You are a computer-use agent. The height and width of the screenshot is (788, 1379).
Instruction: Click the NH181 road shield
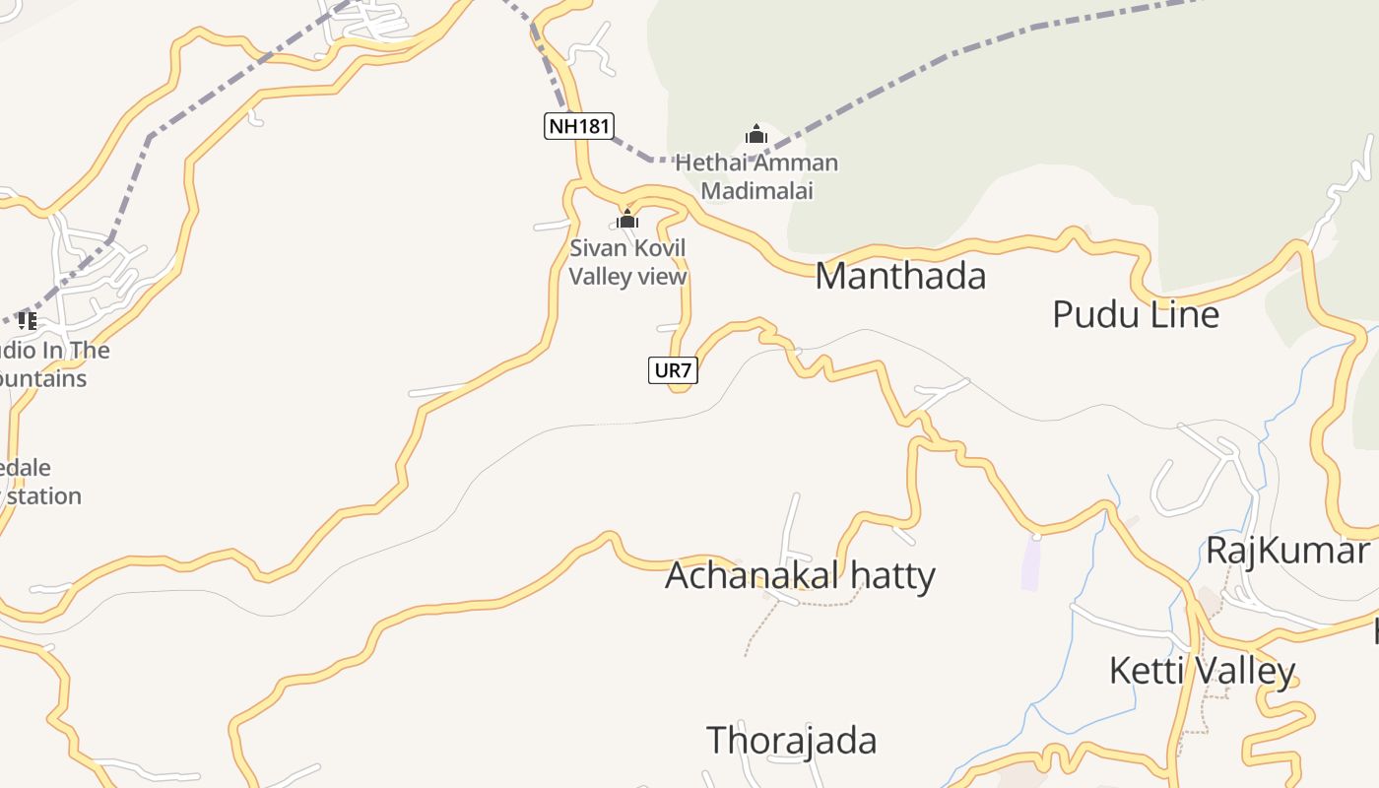579,126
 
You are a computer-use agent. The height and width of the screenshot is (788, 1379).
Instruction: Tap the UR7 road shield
673,370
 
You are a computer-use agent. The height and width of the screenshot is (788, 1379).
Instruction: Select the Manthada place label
900,277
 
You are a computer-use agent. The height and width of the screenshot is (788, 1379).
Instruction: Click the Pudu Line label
1136,315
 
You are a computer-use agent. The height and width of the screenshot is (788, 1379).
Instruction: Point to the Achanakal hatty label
800,575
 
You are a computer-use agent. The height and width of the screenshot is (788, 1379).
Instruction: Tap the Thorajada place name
791,741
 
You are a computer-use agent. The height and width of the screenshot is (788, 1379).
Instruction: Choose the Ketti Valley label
1202,672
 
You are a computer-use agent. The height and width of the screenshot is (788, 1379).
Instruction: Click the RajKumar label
1288,551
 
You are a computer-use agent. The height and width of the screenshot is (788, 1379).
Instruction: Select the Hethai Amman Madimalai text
756,176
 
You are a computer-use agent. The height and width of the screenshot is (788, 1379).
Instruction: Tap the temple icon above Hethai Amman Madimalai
756,134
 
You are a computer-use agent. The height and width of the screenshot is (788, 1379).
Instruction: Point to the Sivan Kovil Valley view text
627,262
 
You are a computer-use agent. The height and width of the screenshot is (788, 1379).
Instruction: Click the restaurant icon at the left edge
27,320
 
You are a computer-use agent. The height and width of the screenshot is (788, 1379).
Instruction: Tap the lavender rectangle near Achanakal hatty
1030,564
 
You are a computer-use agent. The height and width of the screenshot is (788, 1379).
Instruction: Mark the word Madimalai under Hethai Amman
756,191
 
